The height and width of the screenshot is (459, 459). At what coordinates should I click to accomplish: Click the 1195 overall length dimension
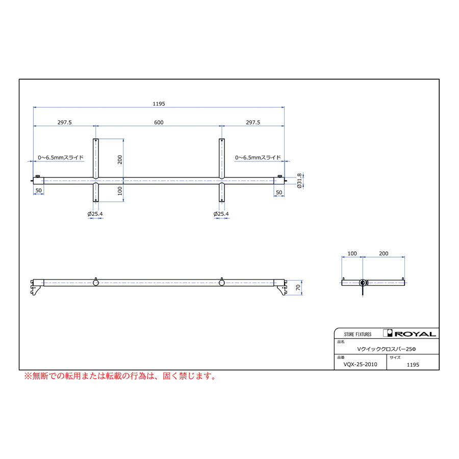point(159,104)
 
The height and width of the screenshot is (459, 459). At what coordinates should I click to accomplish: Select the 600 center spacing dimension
point(159,122)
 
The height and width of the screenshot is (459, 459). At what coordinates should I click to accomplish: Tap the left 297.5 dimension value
point(64,122)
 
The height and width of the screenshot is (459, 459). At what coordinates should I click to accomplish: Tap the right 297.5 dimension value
point(253,122)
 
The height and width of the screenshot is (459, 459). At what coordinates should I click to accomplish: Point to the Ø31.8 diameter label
point(299,181)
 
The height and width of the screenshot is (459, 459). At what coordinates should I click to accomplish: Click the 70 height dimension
point(298,288)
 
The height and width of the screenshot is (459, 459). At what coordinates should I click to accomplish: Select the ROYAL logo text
point(415,334)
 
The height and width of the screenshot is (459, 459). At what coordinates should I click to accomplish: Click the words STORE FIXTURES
point(358,334)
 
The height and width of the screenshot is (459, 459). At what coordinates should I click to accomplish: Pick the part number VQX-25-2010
point(361,365)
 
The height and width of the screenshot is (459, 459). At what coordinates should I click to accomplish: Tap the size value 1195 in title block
point(413,365)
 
